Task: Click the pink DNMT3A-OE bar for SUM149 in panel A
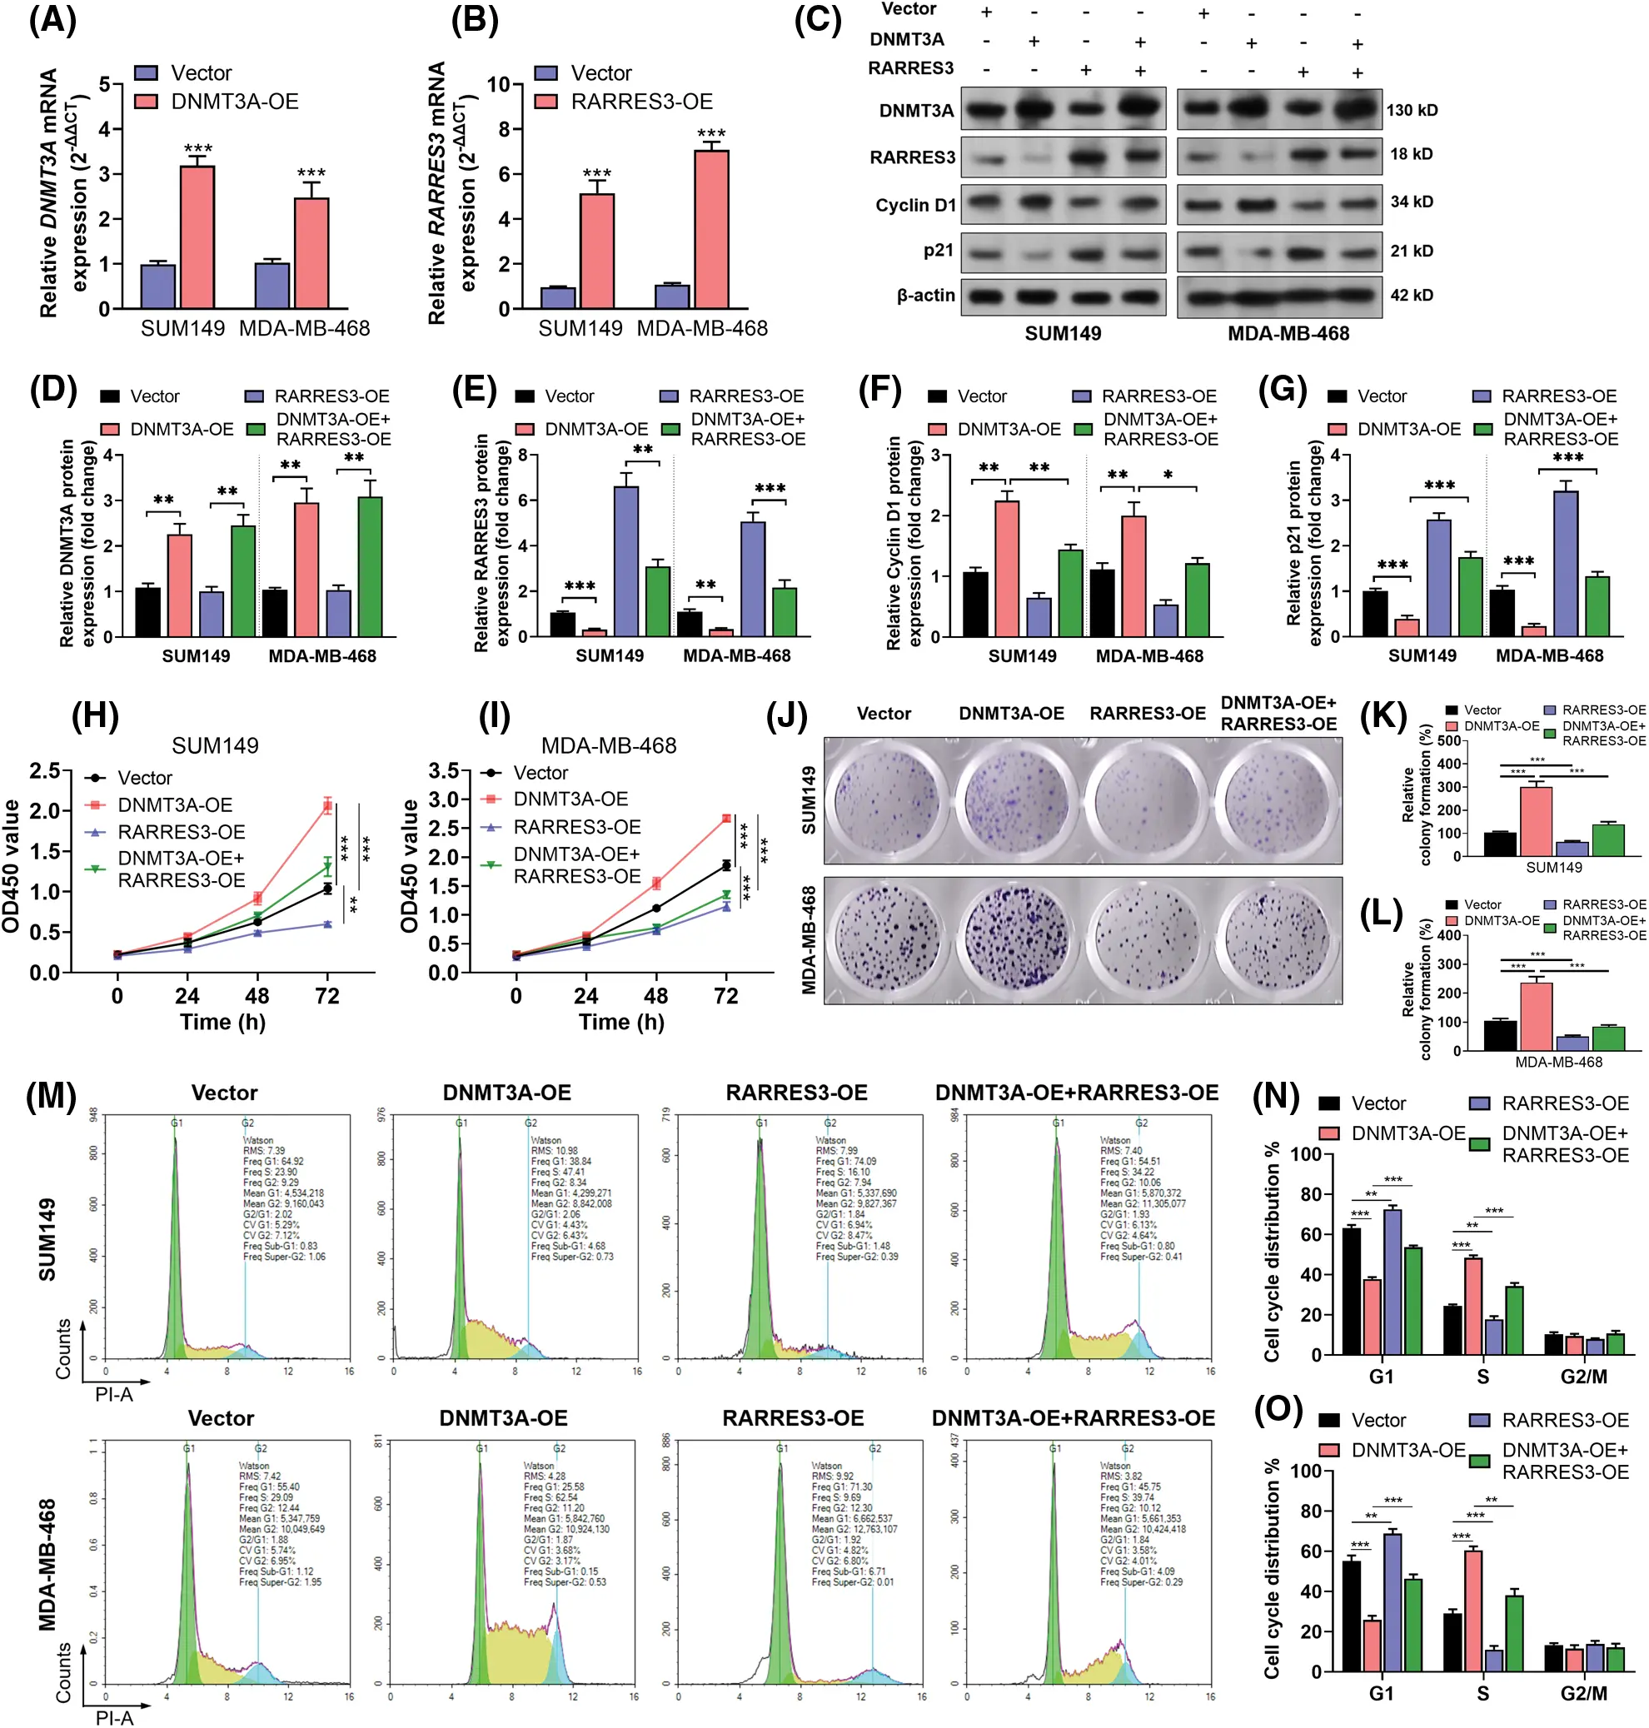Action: [x=197, y=237]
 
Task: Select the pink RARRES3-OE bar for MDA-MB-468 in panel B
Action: [x=710, y=229]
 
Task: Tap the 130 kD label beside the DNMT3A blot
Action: [x=1412, y=110]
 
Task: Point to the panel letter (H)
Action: [x=95, y=716]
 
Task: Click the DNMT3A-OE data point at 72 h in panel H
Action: [x=327, y=805]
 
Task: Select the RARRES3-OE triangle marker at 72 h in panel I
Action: [x=726, y=906]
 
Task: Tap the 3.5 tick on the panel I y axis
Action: [x=444, y=771]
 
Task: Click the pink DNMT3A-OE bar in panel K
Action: [x=1536, y=821]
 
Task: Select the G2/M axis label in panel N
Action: [x=1583, y=1377]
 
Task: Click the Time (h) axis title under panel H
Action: [x=222, y=1021]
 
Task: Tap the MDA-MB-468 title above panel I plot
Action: [x=608, y=745]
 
